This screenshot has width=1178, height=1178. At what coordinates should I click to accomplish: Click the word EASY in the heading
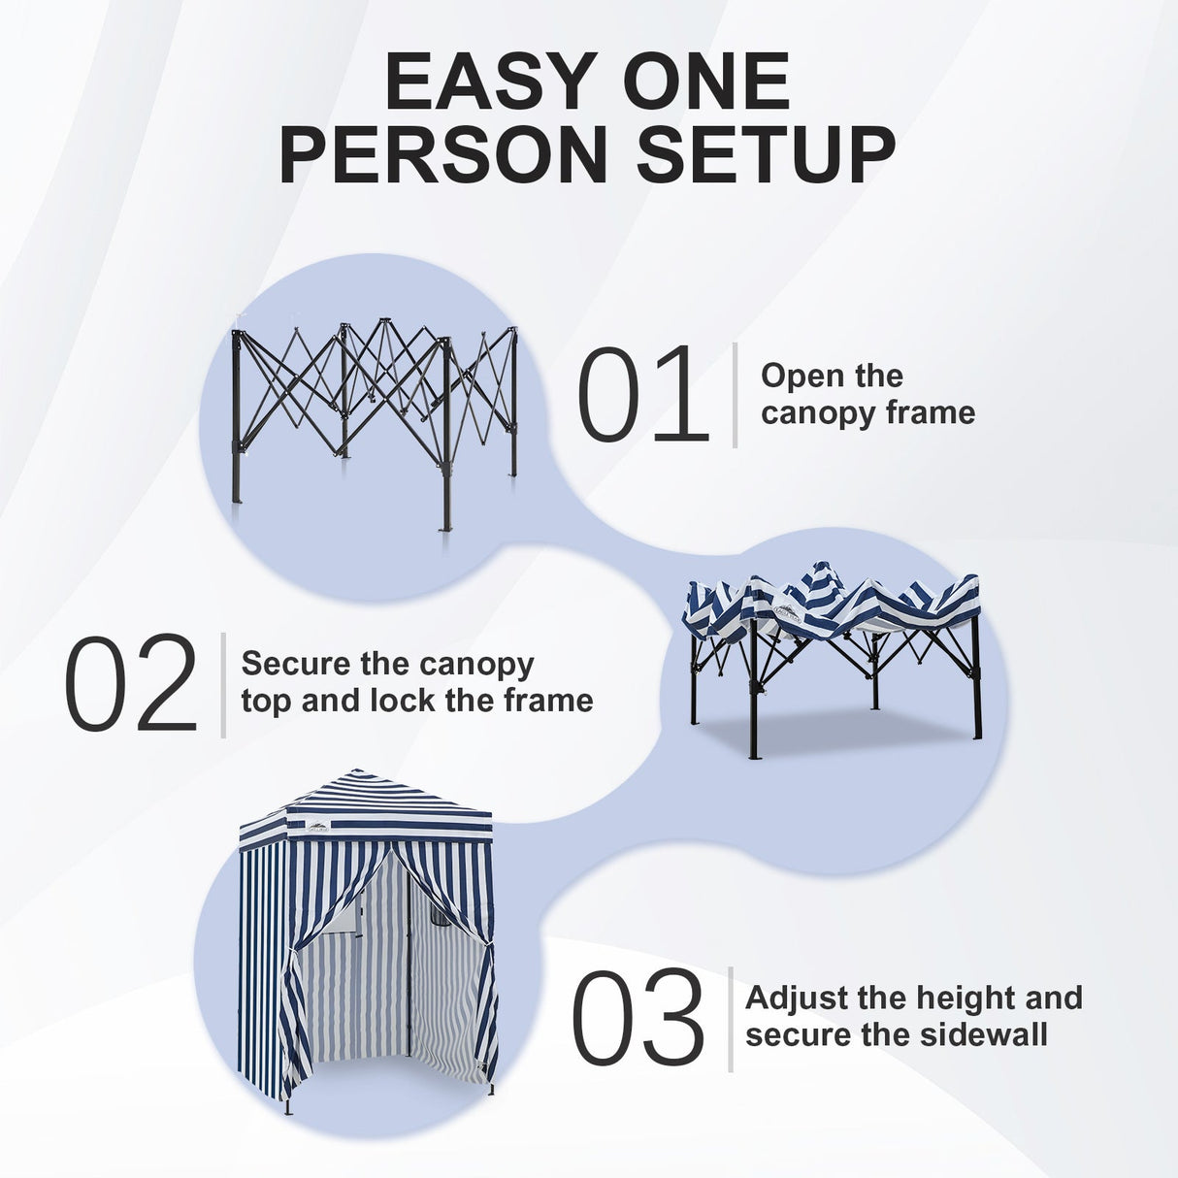(x=482, y=82)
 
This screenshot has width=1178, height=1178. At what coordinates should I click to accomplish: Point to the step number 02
(x=131, y=684)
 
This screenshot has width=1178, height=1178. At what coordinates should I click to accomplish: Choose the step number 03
(x=638, y=1018)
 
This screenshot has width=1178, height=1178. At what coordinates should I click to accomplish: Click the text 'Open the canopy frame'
(x=867, y=394)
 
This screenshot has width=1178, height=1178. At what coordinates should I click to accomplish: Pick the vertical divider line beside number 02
(x=223, y=684)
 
